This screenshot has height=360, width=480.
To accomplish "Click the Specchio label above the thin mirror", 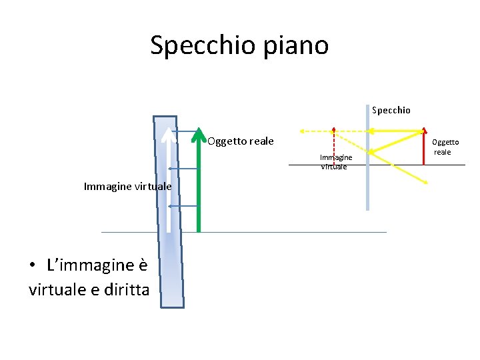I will pos(391,110).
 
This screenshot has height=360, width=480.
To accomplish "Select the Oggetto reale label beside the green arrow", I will pos(240,141).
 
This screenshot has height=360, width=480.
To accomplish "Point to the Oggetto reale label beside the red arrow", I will pos(445,147).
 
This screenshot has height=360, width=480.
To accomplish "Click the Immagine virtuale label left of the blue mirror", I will pos(127,187).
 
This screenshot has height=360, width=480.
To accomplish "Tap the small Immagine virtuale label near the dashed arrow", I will pos(335,162).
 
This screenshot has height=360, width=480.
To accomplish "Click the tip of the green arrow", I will pos(198,129).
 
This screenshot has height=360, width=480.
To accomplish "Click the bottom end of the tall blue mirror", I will pos(172,305).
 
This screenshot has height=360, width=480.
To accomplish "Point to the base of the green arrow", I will pos(198,229).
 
